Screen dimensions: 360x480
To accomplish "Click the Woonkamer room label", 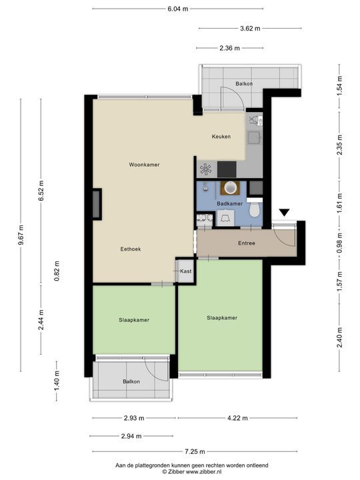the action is pos(144,165).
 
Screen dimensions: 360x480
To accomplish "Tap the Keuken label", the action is pos(221,137).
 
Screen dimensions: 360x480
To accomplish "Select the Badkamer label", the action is pos(229,203).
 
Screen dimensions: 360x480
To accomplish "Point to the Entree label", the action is pos(247,243).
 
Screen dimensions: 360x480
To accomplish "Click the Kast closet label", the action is pos(186,271).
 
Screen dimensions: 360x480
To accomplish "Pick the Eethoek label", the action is pos(131,249).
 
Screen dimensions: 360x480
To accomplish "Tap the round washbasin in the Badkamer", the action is pos(232,187).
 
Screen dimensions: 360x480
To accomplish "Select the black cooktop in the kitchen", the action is pos(227,169).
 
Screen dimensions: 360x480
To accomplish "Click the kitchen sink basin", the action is pos(254,138).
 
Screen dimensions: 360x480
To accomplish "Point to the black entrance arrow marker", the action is pos(285,213).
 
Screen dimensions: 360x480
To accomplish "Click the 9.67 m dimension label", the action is pos(21,235).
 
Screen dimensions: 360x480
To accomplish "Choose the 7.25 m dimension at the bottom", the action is pos(195,451).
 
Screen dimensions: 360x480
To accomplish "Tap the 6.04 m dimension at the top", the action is pos(178,9).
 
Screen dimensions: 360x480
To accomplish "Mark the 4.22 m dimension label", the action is pos(237,418).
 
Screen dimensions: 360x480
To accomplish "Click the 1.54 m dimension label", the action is pos(339,86).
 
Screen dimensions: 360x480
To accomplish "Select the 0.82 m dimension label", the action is pos(57,271).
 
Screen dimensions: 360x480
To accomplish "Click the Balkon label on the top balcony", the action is pos(244,83).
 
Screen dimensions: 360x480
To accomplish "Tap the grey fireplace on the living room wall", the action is pos(97,204).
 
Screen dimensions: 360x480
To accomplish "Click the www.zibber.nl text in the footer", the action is pos(204,472).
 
